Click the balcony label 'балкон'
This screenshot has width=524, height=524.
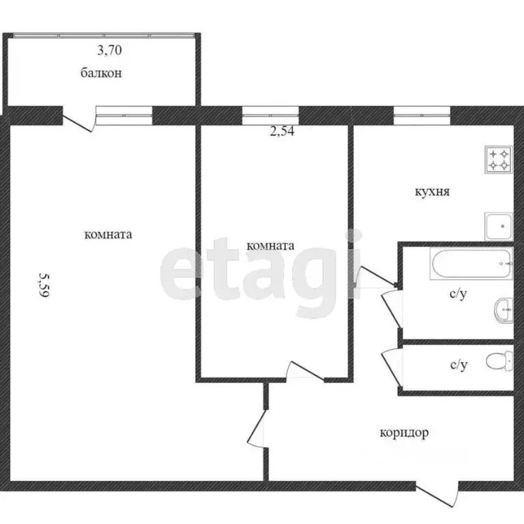tap(101, 73)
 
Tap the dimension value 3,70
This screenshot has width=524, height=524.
tap(110, 50)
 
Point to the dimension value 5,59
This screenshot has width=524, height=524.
tap(44, 285)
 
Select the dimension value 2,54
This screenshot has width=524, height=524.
tap(282, 131)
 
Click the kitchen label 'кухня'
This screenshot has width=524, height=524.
tap(433, 192)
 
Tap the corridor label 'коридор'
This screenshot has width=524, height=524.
tap(404, 433)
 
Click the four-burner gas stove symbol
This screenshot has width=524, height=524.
tap(499, 160)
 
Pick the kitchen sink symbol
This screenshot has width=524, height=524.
tap(499, 227)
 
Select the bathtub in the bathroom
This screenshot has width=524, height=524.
tap(471, 263)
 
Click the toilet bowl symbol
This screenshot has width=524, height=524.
tap(499, 361)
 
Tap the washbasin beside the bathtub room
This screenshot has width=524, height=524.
tap(504, 310)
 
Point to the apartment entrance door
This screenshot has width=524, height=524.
tap(437, 494)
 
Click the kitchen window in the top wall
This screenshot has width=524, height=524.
tap(422, 115)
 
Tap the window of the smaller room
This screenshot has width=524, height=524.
tap(270, 115)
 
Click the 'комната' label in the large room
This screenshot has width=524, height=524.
tap(108, 235)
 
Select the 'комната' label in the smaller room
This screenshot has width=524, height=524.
tap(270, 246)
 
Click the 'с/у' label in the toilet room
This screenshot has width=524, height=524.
tap(458, 364)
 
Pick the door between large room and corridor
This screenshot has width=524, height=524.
tap(257, 428)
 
